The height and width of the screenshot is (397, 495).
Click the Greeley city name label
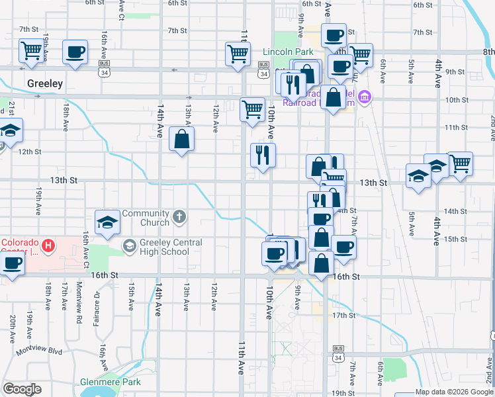[x=45, y=83]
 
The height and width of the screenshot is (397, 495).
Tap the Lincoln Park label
[x=287, y=52]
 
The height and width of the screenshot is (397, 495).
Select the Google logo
[x=22, y=389]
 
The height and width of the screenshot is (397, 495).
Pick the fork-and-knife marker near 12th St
[x=263, y=155]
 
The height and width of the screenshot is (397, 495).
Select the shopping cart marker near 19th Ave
[x=31, y=50]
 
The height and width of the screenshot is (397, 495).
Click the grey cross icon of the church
[x=179, y=216]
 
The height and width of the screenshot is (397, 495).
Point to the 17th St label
[x=344, y=315]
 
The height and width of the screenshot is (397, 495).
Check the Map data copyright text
[x=454, y=392]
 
